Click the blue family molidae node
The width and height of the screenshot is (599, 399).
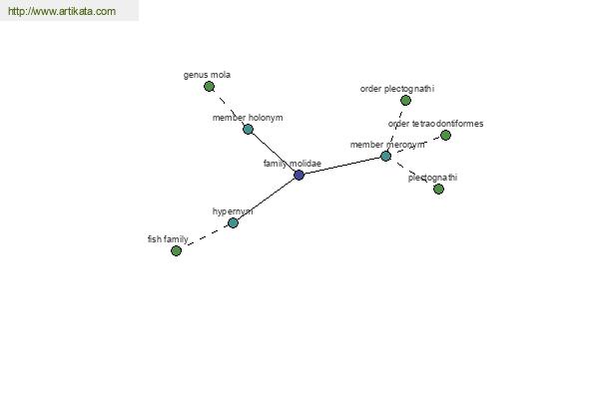tap(299, 176)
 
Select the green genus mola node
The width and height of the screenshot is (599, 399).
tap(209, 87)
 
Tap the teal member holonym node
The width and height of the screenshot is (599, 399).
tap(248, 129)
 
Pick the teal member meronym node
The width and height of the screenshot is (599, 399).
tap(385, 156)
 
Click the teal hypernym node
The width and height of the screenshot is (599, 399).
tap(233, 223)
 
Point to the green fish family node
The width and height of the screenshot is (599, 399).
tap(176, 250)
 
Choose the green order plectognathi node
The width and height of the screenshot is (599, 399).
tap(405, 101)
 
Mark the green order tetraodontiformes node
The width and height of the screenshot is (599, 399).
tap(445, 136)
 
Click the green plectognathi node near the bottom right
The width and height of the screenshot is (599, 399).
tap(438, 189)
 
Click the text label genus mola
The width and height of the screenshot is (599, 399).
tap(207, 75)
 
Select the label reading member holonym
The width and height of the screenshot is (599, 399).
tap(248, 118)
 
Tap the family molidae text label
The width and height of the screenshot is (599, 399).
tap(293, 164)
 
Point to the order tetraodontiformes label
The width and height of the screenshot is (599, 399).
tap(435, 124)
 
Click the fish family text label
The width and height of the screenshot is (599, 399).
tap(168, 239)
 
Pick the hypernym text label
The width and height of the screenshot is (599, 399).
tap(233, 211)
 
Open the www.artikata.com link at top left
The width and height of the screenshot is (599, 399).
tap(62, 11)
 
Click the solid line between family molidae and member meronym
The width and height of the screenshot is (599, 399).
tap(342, 166)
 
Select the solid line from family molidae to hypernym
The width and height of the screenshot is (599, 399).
tap(266, 199)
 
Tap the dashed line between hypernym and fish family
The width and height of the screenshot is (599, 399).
tap(205, 236)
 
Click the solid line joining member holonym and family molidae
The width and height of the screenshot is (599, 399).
tap(274, 153)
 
